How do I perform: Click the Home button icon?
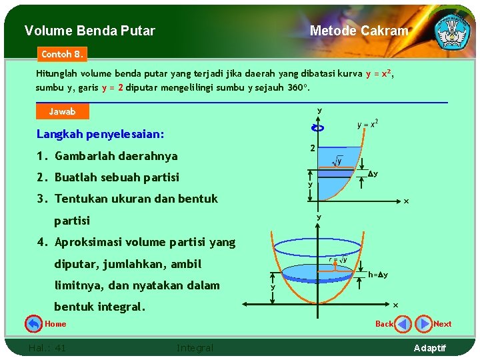coord(33,324)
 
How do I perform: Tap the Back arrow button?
coord(403,324)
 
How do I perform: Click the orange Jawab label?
coord(63,111)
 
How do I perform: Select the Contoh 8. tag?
coord(62,53)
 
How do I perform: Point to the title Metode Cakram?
coord(359,31)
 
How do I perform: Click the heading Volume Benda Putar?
coord(89,31)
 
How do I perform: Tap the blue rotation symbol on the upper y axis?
coord(318,128)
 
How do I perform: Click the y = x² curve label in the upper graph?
coord(367,124)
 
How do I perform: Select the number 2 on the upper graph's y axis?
coord(311,148)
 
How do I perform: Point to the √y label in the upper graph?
coord(337,161)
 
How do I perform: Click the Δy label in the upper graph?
coord(373,174)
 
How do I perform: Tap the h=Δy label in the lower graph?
coord(378,275)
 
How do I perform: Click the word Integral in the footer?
coord(195,347)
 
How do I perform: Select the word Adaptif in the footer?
coord(430,348)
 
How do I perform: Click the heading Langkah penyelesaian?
coord(100,134)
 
